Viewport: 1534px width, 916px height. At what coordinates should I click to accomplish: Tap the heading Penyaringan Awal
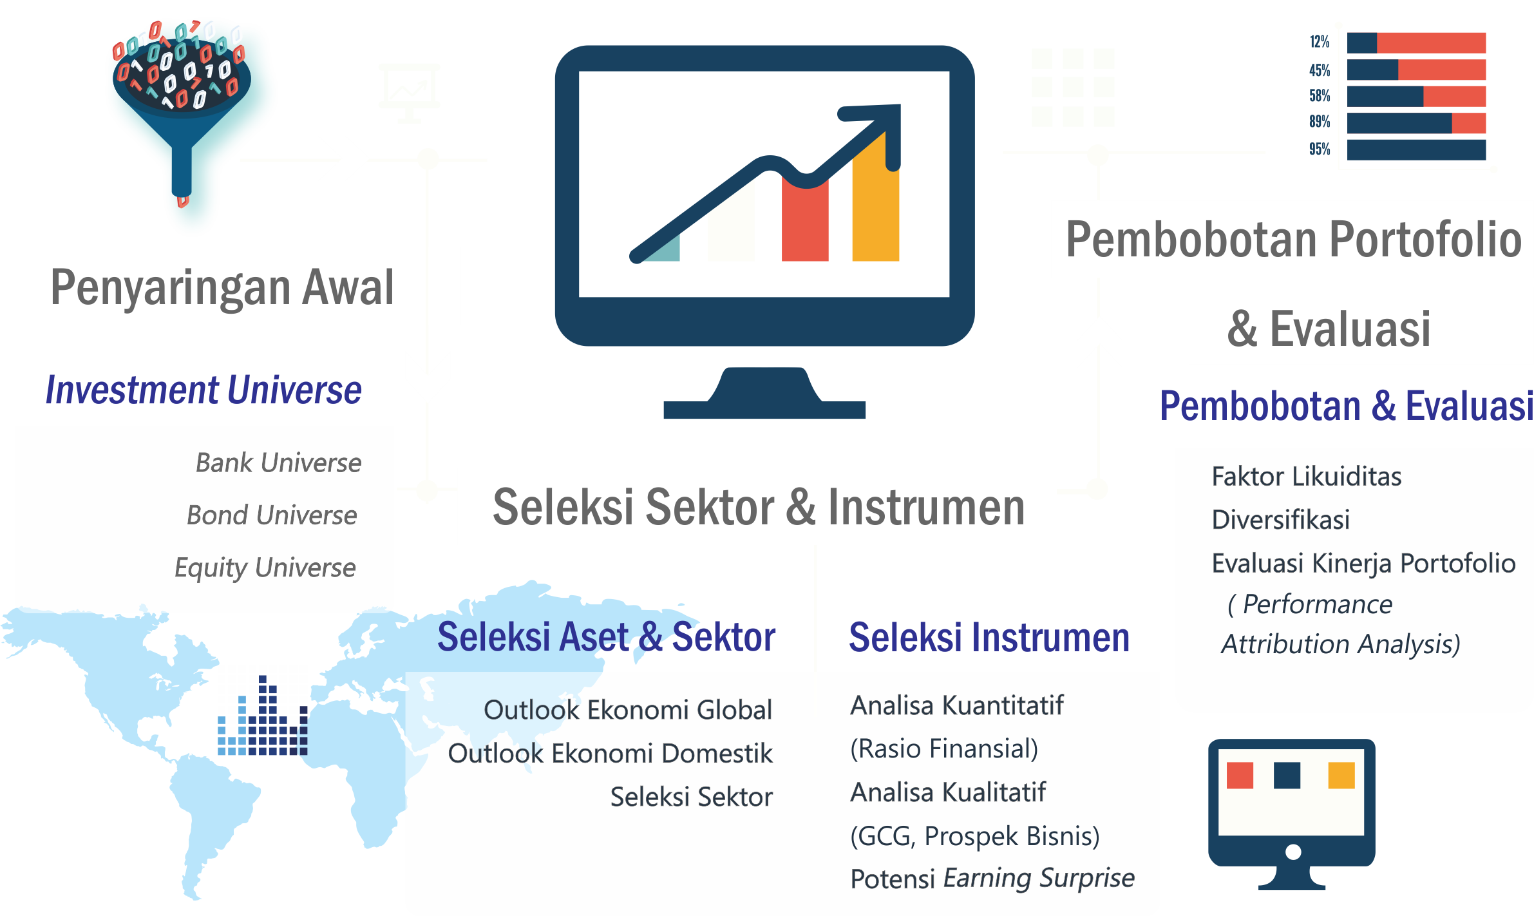222,288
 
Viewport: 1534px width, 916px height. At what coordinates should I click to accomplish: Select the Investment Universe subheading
204,390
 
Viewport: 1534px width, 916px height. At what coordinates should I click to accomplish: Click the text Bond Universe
272,515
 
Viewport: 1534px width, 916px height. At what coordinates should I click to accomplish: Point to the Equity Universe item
265,568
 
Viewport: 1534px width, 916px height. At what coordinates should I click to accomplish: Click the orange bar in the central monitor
875,206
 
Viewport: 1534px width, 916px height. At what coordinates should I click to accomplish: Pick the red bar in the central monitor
805,222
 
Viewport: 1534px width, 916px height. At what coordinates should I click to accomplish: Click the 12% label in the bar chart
1319,43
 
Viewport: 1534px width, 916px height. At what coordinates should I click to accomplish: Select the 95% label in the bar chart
1319,149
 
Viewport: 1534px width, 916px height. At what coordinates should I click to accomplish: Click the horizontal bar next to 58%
1416,97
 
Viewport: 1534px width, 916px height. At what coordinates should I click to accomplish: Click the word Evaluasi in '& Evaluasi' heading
1350,329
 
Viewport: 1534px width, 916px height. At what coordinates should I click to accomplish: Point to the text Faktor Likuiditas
1306,477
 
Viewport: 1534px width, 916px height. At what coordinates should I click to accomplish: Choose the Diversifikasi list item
1280,520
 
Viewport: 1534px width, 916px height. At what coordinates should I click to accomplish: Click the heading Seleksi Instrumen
989,638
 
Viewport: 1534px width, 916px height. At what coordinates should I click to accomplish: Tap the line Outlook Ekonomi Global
627,710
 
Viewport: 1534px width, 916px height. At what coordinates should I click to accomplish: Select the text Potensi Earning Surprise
992,879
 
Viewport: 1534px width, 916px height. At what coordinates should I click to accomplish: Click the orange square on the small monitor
1341,775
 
